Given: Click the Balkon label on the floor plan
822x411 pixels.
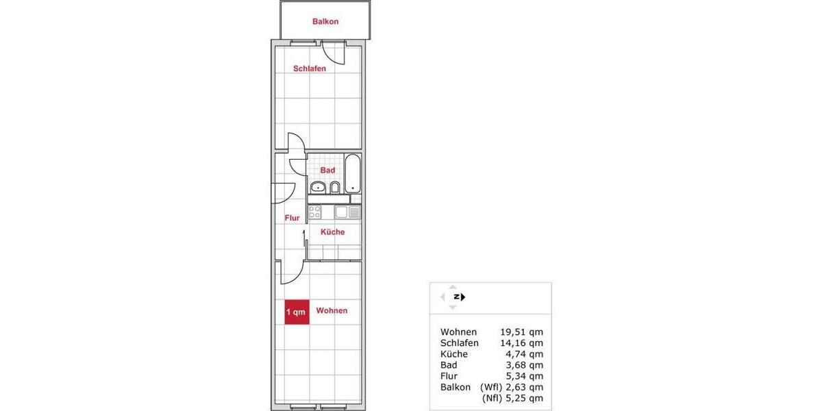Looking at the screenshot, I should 325,21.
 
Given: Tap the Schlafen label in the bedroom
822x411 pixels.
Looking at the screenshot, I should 310,68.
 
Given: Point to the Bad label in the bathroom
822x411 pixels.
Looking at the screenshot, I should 327,170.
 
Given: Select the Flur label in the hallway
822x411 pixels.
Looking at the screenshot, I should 292,219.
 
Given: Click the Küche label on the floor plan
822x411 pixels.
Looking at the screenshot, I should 332,232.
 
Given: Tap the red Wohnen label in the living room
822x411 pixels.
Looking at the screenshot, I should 332,311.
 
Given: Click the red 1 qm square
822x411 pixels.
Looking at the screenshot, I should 297,312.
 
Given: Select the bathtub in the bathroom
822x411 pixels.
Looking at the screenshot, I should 352,173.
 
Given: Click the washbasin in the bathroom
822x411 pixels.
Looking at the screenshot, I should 318,187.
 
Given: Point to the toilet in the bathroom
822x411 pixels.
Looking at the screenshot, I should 335,187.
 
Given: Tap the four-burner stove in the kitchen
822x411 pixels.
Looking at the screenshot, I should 315,212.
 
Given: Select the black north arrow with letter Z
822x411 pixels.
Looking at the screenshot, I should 458,297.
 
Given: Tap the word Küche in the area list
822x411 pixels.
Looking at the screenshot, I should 454,354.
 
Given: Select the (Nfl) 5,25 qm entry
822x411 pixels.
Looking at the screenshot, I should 512,398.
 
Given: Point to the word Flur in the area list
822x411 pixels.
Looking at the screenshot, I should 449,376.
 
